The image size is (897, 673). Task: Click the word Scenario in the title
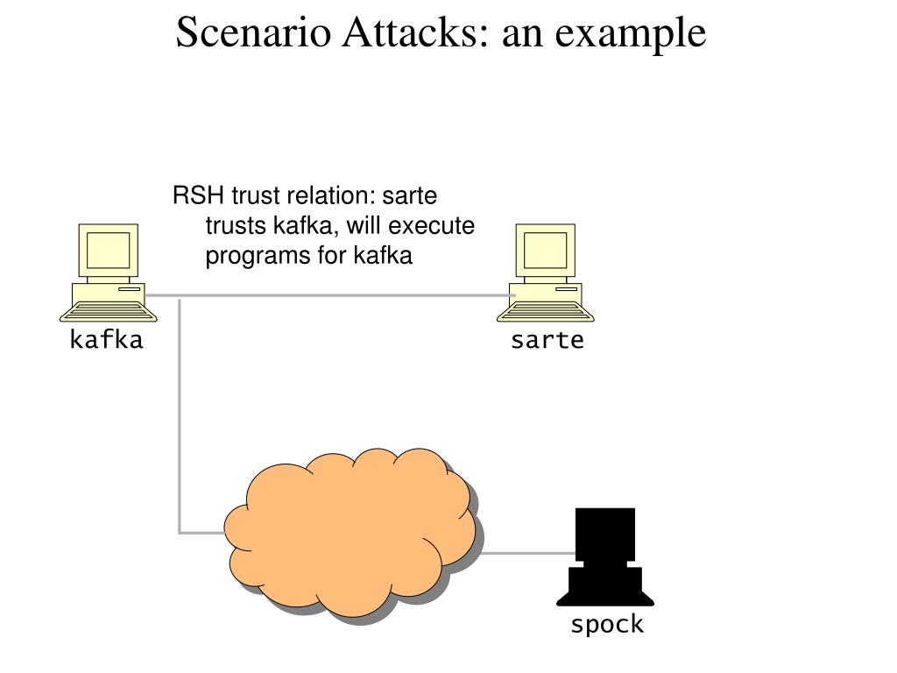[x=253, y=32]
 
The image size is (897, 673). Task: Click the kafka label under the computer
[x=106, y=339]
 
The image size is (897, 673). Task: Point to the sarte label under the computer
[x=547, y=340]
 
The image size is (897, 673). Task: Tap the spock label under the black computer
[x=607, y=624]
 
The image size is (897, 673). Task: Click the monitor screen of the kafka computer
[x=108, y=251]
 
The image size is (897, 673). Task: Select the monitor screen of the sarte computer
[x=545, y=251]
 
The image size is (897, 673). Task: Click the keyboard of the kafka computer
[x=108, y=313]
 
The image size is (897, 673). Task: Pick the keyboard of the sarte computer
[x=545, y=313]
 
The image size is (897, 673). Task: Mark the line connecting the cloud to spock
[x=526, y=554]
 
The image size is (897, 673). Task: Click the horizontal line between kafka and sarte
[x=330, y=295]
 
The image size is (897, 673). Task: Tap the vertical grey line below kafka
[x=180, y=415]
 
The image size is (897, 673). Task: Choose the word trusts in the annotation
[x=236, y=225]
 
